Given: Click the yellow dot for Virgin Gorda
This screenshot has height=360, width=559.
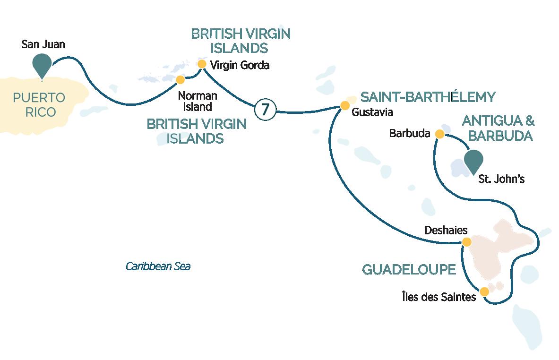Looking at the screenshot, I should [202, 64].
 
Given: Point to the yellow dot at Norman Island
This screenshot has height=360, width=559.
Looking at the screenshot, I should [180, 79].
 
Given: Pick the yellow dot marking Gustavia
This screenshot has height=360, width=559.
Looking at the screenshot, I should [344, 105].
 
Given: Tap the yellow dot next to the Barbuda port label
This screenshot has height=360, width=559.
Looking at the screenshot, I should [439, 135].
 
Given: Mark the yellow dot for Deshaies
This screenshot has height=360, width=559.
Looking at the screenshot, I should [466, 242].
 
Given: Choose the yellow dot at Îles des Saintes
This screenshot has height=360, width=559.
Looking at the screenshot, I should [484, 292].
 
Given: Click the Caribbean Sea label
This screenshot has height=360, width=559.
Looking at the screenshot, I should [158, 266].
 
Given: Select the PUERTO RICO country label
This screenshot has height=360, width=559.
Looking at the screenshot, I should [39, 105].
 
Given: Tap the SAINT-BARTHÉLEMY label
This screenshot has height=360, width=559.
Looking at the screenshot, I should [428, 97].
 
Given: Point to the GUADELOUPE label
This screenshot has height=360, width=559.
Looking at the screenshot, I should [409, 270].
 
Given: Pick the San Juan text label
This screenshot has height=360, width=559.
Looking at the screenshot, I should [43, 45].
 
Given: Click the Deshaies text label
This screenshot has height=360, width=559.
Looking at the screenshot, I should [446, 230].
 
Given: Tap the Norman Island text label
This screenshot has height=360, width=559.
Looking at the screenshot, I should [198, 101].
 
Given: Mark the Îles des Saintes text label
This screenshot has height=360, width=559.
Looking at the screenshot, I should [436, 297].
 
